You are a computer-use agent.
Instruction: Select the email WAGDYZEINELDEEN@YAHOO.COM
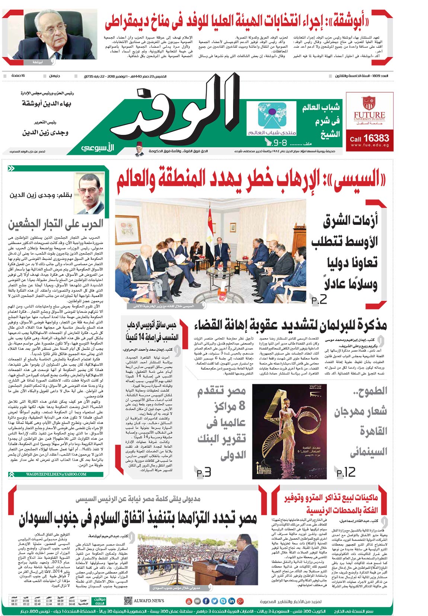(56, 474)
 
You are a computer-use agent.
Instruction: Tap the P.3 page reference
(204, 472)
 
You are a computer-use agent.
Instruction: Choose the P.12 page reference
(346, 472)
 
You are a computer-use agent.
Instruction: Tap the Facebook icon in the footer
(214, 601)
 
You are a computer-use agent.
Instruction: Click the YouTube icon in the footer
(189, 601)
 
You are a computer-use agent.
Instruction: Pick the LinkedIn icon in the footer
(231, 601)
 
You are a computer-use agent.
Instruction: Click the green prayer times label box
(99, 601)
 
